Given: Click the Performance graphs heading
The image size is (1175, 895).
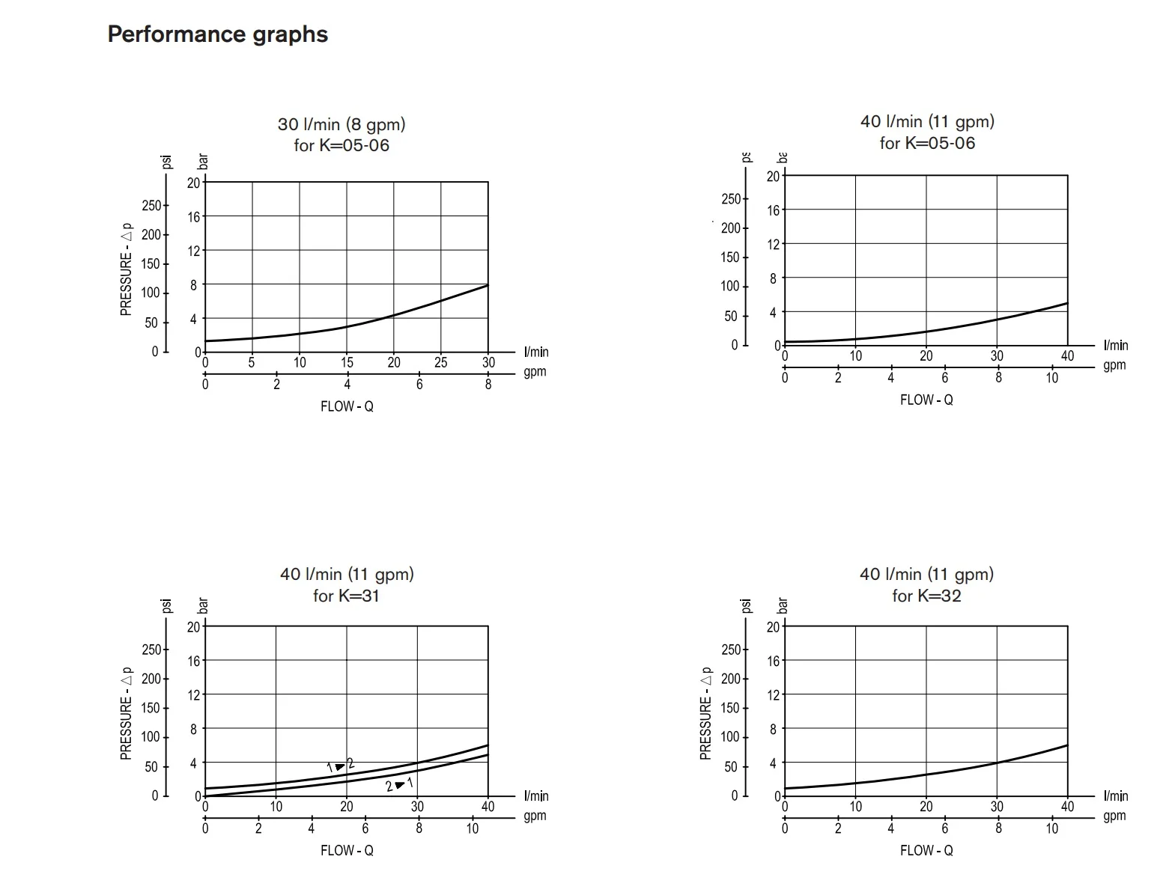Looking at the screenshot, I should [x=217, y=34].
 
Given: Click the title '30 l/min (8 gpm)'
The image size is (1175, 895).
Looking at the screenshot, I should [x=341, y=124].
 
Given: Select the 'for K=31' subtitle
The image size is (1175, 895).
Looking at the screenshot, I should [x=346, y=596].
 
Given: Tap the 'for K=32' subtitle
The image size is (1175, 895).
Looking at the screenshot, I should [x=926, y=596].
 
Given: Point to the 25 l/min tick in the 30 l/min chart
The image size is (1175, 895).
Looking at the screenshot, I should [x=441, y=363].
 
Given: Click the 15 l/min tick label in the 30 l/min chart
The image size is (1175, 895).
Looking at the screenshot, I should [x=347, y=363].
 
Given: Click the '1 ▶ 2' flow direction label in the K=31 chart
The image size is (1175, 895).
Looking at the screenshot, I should [x=340, y=766].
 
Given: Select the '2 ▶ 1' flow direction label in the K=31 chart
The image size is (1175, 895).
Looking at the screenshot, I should [x=399, y=785].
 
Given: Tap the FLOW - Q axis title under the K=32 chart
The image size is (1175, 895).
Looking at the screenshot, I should [x=926, y=850].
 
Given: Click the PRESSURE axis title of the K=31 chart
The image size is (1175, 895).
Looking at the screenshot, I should [x=126, y=713].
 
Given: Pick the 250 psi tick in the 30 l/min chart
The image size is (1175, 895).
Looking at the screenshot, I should [x=151, y=205].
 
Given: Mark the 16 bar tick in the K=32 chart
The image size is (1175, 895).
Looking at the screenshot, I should [x=773, y=661].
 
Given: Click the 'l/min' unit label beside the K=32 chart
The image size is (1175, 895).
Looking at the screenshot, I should [x=1115, y=796].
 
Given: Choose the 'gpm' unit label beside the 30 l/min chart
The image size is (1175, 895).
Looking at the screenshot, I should [x=535, y=372].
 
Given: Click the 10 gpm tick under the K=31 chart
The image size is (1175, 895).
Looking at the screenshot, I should [x=473, y=828].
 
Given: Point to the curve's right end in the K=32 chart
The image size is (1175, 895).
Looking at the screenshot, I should [x=1067, y=745].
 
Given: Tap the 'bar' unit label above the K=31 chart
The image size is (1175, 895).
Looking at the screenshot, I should [x=202, y=605].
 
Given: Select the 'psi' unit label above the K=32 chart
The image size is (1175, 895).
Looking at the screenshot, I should [x=746, y=605].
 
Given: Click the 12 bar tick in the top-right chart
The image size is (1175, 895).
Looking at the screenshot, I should [x=773, y=244].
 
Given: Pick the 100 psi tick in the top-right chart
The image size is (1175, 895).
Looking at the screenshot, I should [x=730, y=286].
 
